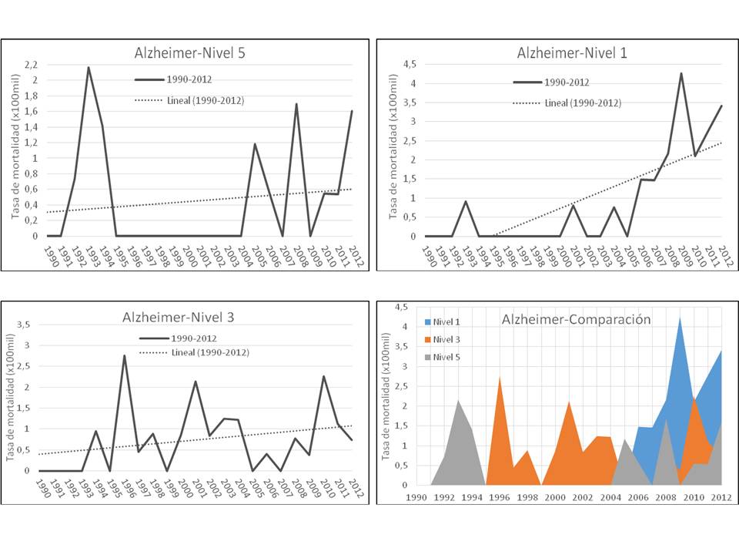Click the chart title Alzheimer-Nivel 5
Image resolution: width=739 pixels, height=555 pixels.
tap(189, 53)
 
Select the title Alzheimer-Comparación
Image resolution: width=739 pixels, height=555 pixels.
tap(576, 319)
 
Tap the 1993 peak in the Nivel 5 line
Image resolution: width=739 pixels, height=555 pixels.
tap(89, 68)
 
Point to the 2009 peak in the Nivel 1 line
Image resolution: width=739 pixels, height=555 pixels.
tap(680, 74)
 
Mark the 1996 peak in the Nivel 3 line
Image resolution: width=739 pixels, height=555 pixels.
tap(124, 356)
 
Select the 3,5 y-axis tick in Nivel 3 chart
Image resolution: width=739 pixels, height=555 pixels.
tap(23, 325)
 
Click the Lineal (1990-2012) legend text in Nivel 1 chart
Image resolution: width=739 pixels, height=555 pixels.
tap(582, 103)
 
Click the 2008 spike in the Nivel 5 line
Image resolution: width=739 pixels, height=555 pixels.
tap(296, 104)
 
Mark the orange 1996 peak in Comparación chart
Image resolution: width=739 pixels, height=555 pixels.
tap(500, 377)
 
